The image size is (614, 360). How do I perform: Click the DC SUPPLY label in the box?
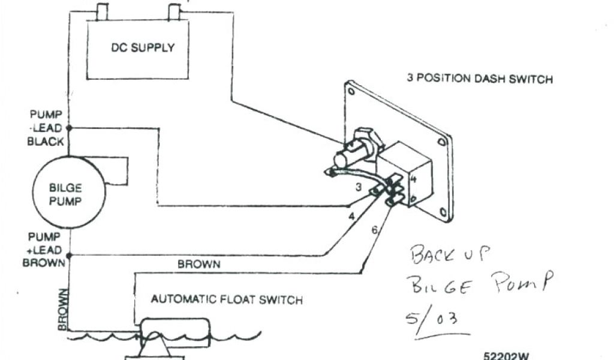point(142,47)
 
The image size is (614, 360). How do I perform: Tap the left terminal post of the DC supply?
point(101,11)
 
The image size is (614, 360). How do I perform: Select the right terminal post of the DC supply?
point(174,11)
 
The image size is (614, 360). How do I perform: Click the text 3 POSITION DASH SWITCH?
point(480,79)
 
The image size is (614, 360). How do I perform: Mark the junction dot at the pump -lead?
point(69,128)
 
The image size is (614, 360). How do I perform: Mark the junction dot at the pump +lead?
point(69,254)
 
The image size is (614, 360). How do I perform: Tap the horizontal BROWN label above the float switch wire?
point(198,264)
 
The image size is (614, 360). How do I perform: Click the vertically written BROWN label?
point(62,308)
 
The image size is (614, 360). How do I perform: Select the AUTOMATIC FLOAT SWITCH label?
point(227,299)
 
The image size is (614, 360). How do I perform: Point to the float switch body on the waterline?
point(174,333)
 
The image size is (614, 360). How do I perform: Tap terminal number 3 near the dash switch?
point(359,187)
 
